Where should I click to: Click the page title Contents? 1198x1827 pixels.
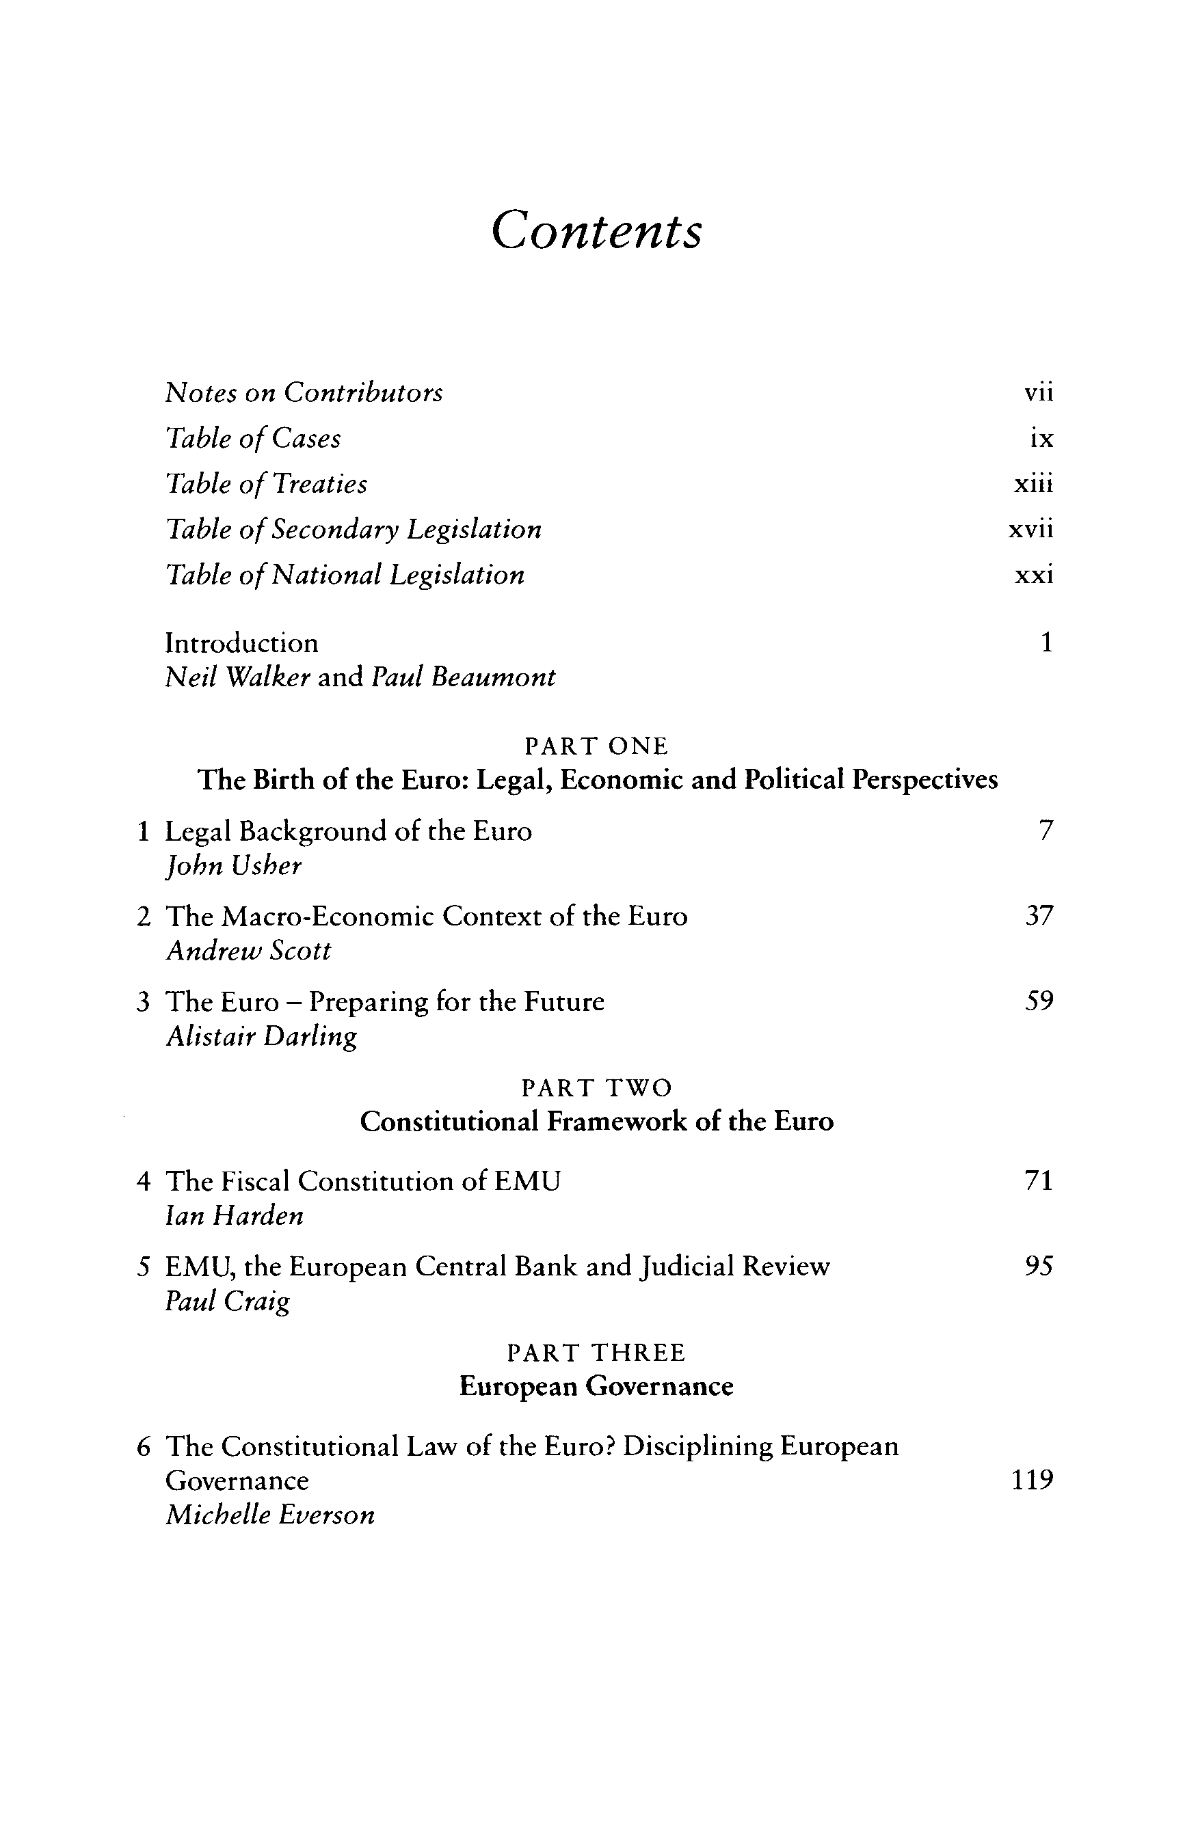(597, 230)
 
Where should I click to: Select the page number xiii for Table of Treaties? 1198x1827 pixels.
(1034, 485)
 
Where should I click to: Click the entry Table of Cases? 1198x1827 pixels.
(254, 438)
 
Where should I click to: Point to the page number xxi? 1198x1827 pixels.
(1034, 575)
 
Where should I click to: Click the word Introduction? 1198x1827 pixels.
(241, 642)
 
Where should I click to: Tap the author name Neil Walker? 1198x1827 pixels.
(237, 677)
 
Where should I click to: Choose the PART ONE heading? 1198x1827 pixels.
(597, 746)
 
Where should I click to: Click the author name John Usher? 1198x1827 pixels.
(233, 866)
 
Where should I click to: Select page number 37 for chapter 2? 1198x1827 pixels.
(1039, 916)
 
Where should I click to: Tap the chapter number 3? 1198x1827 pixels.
(143, 1002)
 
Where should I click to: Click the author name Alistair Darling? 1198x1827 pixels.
(262, 1036)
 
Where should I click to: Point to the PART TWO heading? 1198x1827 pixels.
(597, 1087)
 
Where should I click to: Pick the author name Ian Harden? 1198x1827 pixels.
(235, 1215)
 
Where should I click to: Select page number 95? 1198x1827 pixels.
(1039, 1266)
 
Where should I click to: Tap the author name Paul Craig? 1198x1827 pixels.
(228, 1301)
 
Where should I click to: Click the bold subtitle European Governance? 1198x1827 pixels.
(597, 1385)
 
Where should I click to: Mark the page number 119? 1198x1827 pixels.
(1032, 1479)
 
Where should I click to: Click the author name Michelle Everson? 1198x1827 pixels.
(270, 1515)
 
